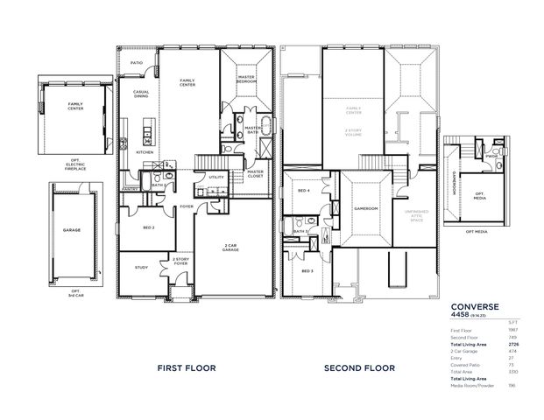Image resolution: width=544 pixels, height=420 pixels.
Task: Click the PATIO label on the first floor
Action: click(x=137, y=64)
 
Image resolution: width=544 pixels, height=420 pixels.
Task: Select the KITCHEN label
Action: click(x=145, y=151)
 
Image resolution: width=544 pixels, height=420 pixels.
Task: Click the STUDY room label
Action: click(x=141, y=268)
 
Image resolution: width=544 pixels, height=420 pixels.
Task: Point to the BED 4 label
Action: click(x=302, y=191)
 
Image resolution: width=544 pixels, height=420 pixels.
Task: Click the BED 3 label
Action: click(x=307, y=271)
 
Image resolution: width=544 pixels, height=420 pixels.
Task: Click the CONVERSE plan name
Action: click(x=475, y=306)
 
